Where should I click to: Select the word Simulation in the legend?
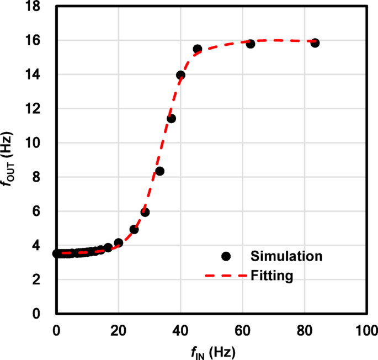(x=286, y=256)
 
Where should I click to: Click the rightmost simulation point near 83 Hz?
(x=315, y=43)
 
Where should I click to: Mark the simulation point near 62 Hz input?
(x=250, y=44)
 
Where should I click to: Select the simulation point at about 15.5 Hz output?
(x=197, y=49)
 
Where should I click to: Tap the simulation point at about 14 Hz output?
(x=180, y=75)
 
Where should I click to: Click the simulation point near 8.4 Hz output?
(x=159, y=171)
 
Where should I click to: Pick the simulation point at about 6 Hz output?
(x=145, y=212)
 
